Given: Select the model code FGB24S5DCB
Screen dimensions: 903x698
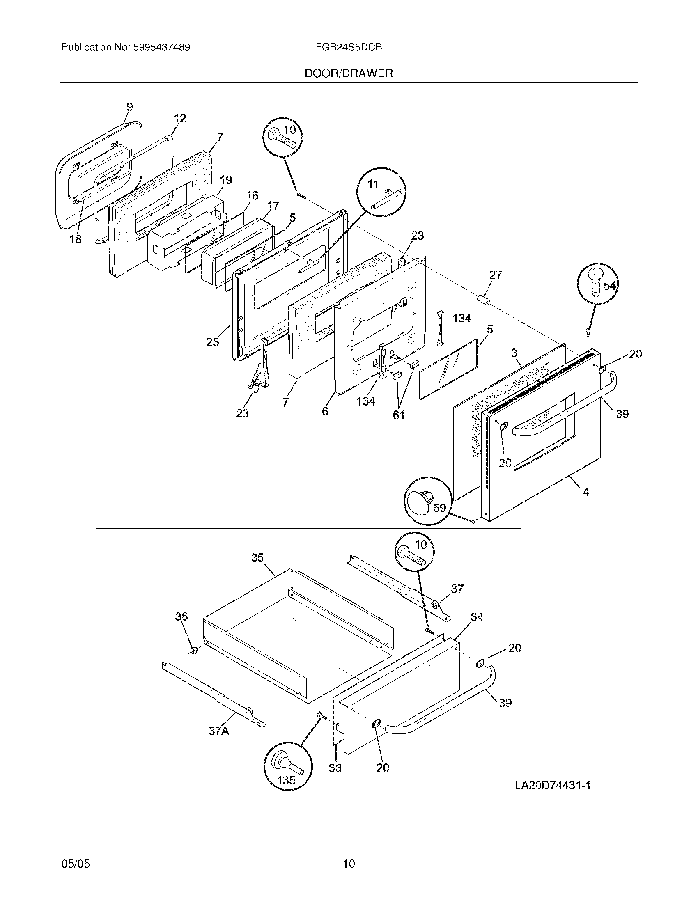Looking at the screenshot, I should (x=348, y=48).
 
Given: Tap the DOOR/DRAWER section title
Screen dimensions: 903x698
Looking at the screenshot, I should (x=349, y=73).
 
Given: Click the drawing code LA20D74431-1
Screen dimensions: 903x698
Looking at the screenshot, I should (x=552, y=785).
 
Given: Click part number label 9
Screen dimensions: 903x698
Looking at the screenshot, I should (x=129, y=107).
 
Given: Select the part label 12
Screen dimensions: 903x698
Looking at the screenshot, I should (x=180, y=118).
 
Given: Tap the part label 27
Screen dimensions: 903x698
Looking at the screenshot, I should (x=496, y=275).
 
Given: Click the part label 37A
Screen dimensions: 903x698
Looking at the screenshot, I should (x=218, y=731).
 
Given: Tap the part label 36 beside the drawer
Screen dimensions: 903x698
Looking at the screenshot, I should (x=181, y=628).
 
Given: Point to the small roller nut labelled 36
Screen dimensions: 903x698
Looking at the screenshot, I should (x=192, y=652).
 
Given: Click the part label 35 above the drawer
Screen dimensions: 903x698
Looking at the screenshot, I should (x=257, y=558).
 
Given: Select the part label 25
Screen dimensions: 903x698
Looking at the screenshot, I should (x=213, y=342).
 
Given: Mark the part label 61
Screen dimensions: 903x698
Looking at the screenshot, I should (x=399, y=415).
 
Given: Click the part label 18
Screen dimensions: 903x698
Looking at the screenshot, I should (x=75, y=238).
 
